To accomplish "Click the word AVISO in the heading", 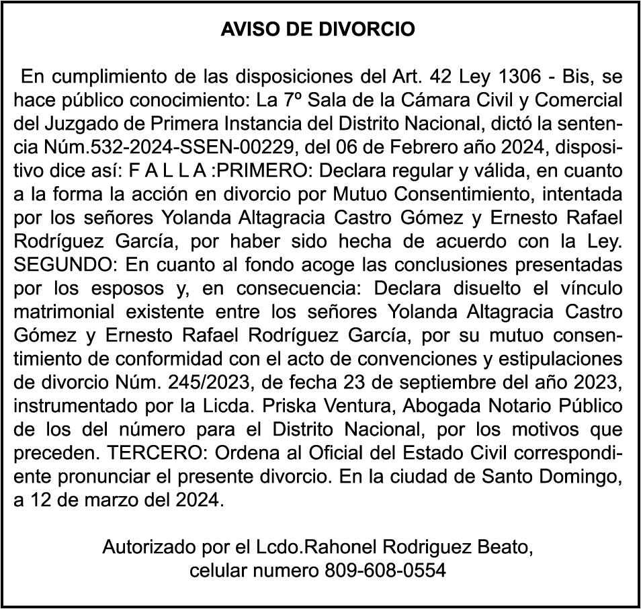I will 245,30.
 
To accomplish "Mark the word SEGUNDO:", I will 65,266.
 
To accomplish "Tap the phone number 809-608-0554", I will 385,571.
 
